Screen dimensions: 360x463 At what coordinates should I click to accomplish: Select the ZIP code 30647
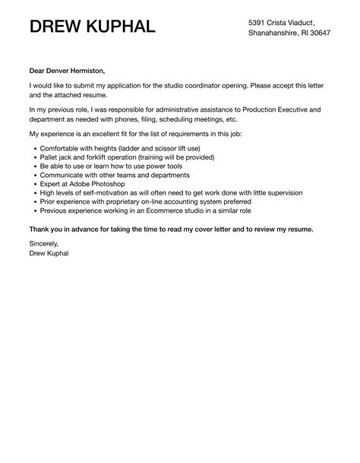[x=336, y=34]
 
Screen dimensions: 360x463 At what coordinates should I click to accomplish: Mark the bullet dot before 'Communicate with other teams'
[x=34, y=175]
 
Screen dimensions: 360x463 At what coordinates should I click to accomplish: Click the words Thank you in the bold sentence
[x=46, y=228]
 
